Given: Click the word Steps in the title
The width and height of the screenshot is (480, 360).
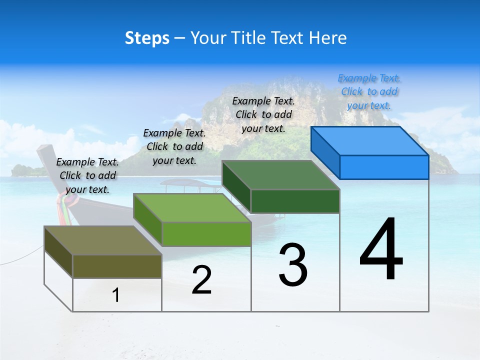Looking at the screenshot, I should (147, 38).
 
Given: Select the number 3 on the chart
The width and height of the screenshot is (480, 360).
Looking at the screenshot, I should (293, 264).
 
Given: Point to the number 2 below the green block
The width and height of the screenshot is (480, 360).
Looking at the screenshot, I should (201, 280).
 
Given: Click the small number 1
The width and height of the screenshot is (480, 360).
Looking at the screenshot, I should (115, 295).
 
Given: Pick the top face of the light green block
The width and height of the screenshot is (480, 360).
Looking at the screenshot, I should (192, 208).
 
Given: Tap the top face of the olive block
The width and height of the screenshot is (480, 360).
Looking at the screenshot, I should (103, 240).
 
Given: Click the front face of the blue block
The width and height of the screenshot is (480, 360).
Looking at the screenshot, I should (384, 167).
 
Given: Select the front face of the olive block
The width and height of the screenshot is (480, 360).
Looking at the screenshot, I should (117, 266).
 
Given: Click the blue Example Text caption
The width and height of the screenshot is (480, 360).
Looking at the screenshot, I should (369, 91).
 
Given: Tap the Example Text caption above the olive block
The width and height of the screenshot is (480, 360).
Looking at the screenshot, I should (87, 175).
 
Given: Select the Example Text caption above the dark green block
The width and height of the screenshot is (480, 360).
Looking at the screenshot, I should (263, 114).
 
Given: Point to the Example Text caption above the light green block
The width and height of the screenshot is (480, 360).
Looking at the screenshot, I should (174, 146).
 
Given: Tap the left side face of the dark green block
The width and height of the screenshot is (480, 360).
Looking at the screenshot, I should (236, 187).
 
